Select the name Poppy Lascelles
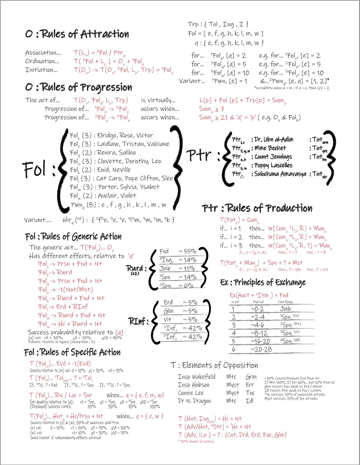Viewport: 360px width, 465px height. pos(273,165)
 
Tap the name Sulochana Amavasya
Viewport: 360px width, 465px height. pos(280,174)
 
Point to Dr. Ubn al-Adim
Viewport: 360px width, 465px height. pos(274,139)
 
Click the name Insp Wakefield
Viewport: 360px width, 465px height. pos(197,377)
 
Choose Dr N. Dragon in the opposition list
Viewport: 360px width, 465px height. pos(194,401)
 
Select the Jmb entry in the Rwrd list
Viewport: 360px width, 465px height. pos(165,268)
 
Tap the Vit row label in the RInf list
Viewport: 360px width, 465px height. pos(168,319)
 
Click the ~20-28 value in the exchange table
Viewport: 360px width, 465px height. pos(261,349)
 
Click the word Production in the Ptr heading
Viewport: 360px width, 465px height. pos(289,208)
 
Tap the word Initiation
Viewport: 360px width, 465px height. pos(41,70)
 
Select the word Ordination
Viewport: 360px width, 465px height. pos(42,61)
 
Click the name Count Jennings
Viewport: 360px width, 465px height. pos(273,157)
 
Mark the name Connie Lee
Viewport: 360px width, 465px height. pos(191,393)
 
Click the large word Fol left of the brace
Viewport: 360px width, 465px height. pos(35,169)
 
